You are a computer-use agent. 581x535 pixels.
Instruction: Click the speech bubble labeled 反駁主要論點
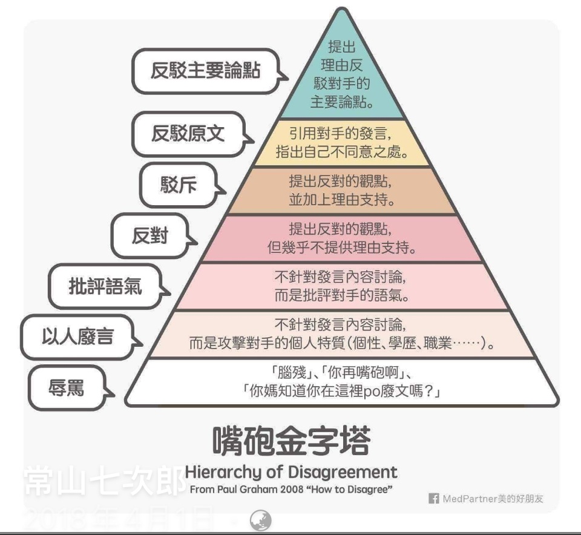(x=206, y=71)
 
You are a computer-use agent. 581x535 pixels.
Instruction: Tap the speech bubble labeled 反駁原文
(x=188, y=134)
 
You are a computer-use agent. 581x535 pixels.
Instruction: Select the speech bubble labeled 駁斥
(x=179, y=183)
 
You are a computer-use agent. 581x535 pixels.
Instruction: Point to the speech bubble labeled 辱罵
(x=67, y=387)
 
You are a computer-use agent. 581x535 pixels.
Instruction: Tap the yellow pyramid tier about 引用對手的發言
(x=342, y=142)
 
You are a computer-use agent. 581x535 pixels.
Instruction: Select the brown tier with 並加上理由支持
(x=342, y=190)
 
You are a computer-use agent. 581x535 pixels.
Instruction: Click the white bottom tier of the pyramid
(x=342, y=382)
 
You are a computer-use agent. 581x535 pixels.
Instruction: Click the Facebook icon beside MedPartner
(x=433, y=499)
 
